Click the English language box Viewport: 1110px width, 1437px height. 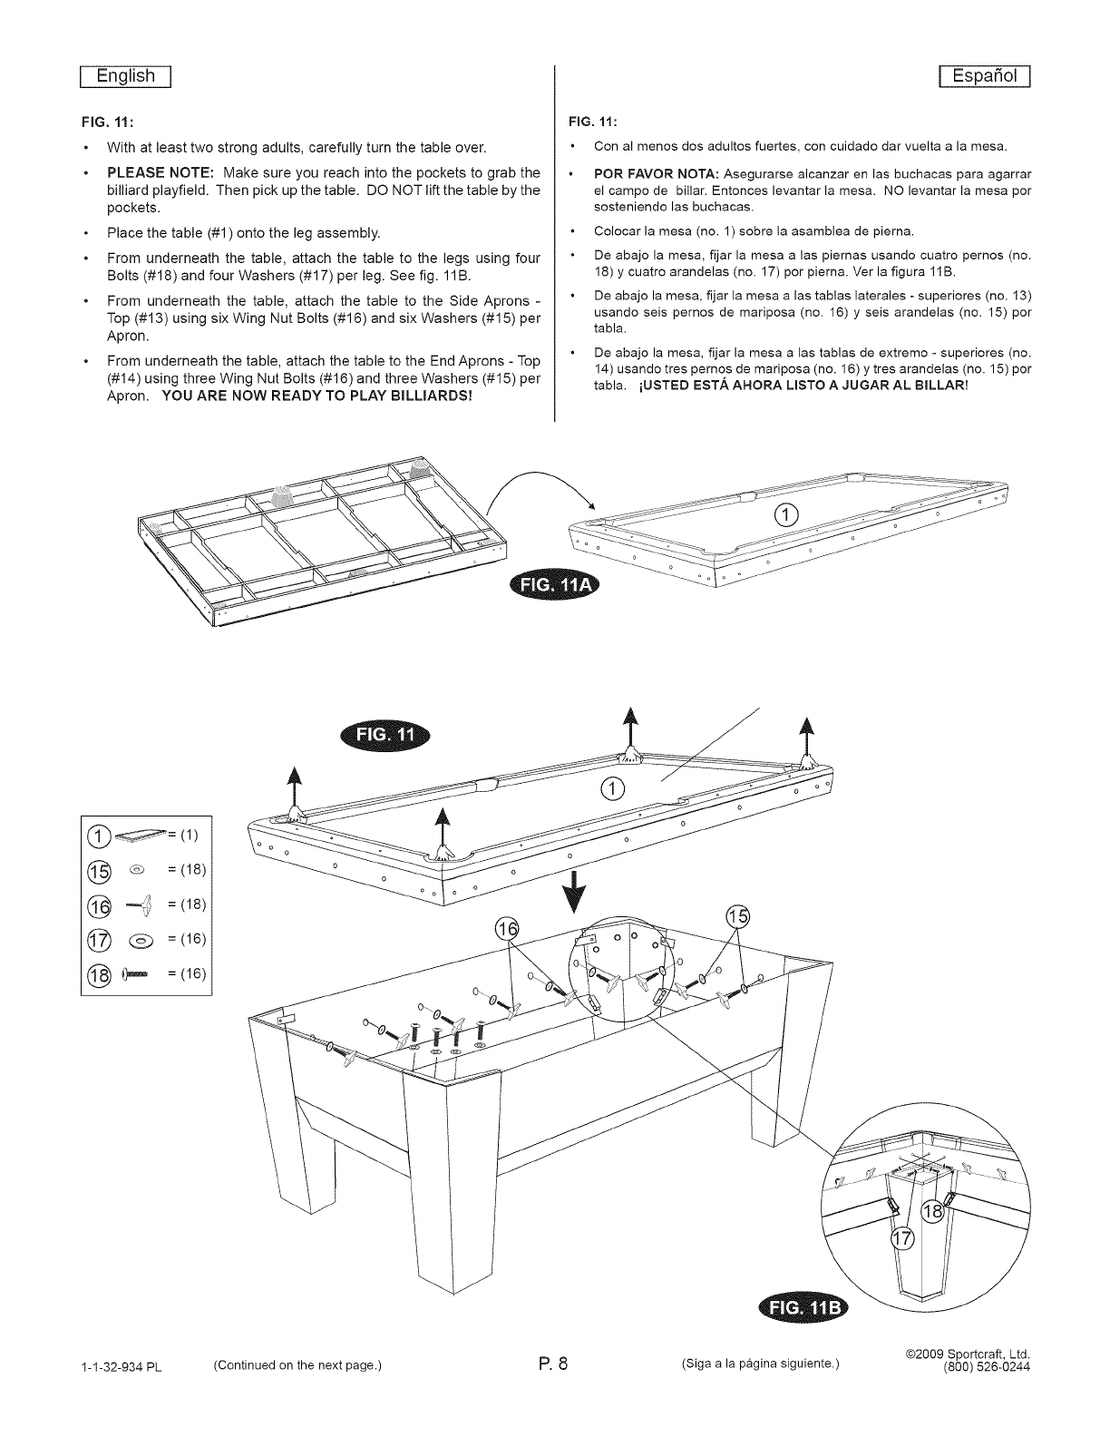[126, 76]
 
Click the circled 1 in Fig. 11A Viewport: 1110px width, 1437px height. [786, 517]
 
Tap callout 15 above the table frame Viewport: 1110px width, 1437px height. [740, 916]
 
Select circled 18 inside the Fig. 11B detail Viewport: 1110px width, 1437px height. [933, 1213]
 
